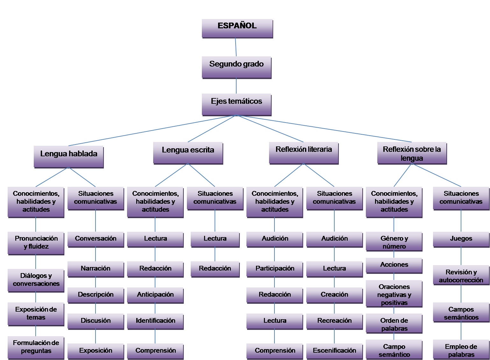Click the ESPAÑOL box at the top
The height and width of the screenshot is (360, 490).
coord(237,28)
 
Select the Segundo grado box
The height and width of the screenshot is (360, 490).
coord(237,67)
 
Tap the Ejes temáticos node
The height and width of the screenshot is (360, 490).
coord(237,104)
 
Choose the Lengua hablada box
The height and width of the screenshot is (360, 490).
coord(69,157)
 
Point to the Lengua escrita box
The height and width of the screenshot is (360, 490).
coord(188,153)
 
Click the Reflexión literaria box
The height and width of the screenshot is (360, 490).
coord(304,153)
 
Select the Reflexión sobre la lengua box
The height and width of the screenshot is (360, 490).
coord(412,153)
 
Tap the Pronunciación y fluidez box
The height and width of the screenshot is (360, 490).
coord(36,243)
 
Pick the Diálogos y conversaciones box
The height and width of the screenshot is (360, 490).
coord(36,280)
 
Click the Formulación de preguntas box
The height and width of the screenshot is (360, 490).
coord(36,347)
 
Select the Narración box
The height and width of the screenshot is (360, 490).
coord(96,269)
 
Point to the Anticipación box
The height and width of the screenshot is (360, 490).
coord(155,295)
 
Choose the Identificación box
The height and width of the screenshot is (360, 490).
coord(155,321)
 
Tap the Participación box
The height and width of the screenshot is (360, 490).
coord(275,269)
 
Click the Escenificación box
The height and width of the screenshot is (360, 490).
coord(334,351)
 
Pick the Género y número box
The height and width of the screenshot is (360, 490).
coord(394,242)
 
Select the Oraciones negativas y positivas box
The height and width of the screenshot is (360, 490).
coord(394,294)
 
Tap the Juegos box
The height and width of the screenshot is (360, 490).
coord(461,239)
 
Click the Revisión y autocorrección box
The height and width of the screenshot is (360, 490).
coord(461,276)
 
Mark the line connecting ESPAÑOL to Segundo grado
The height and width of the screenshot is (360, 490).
coord(236,47)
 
